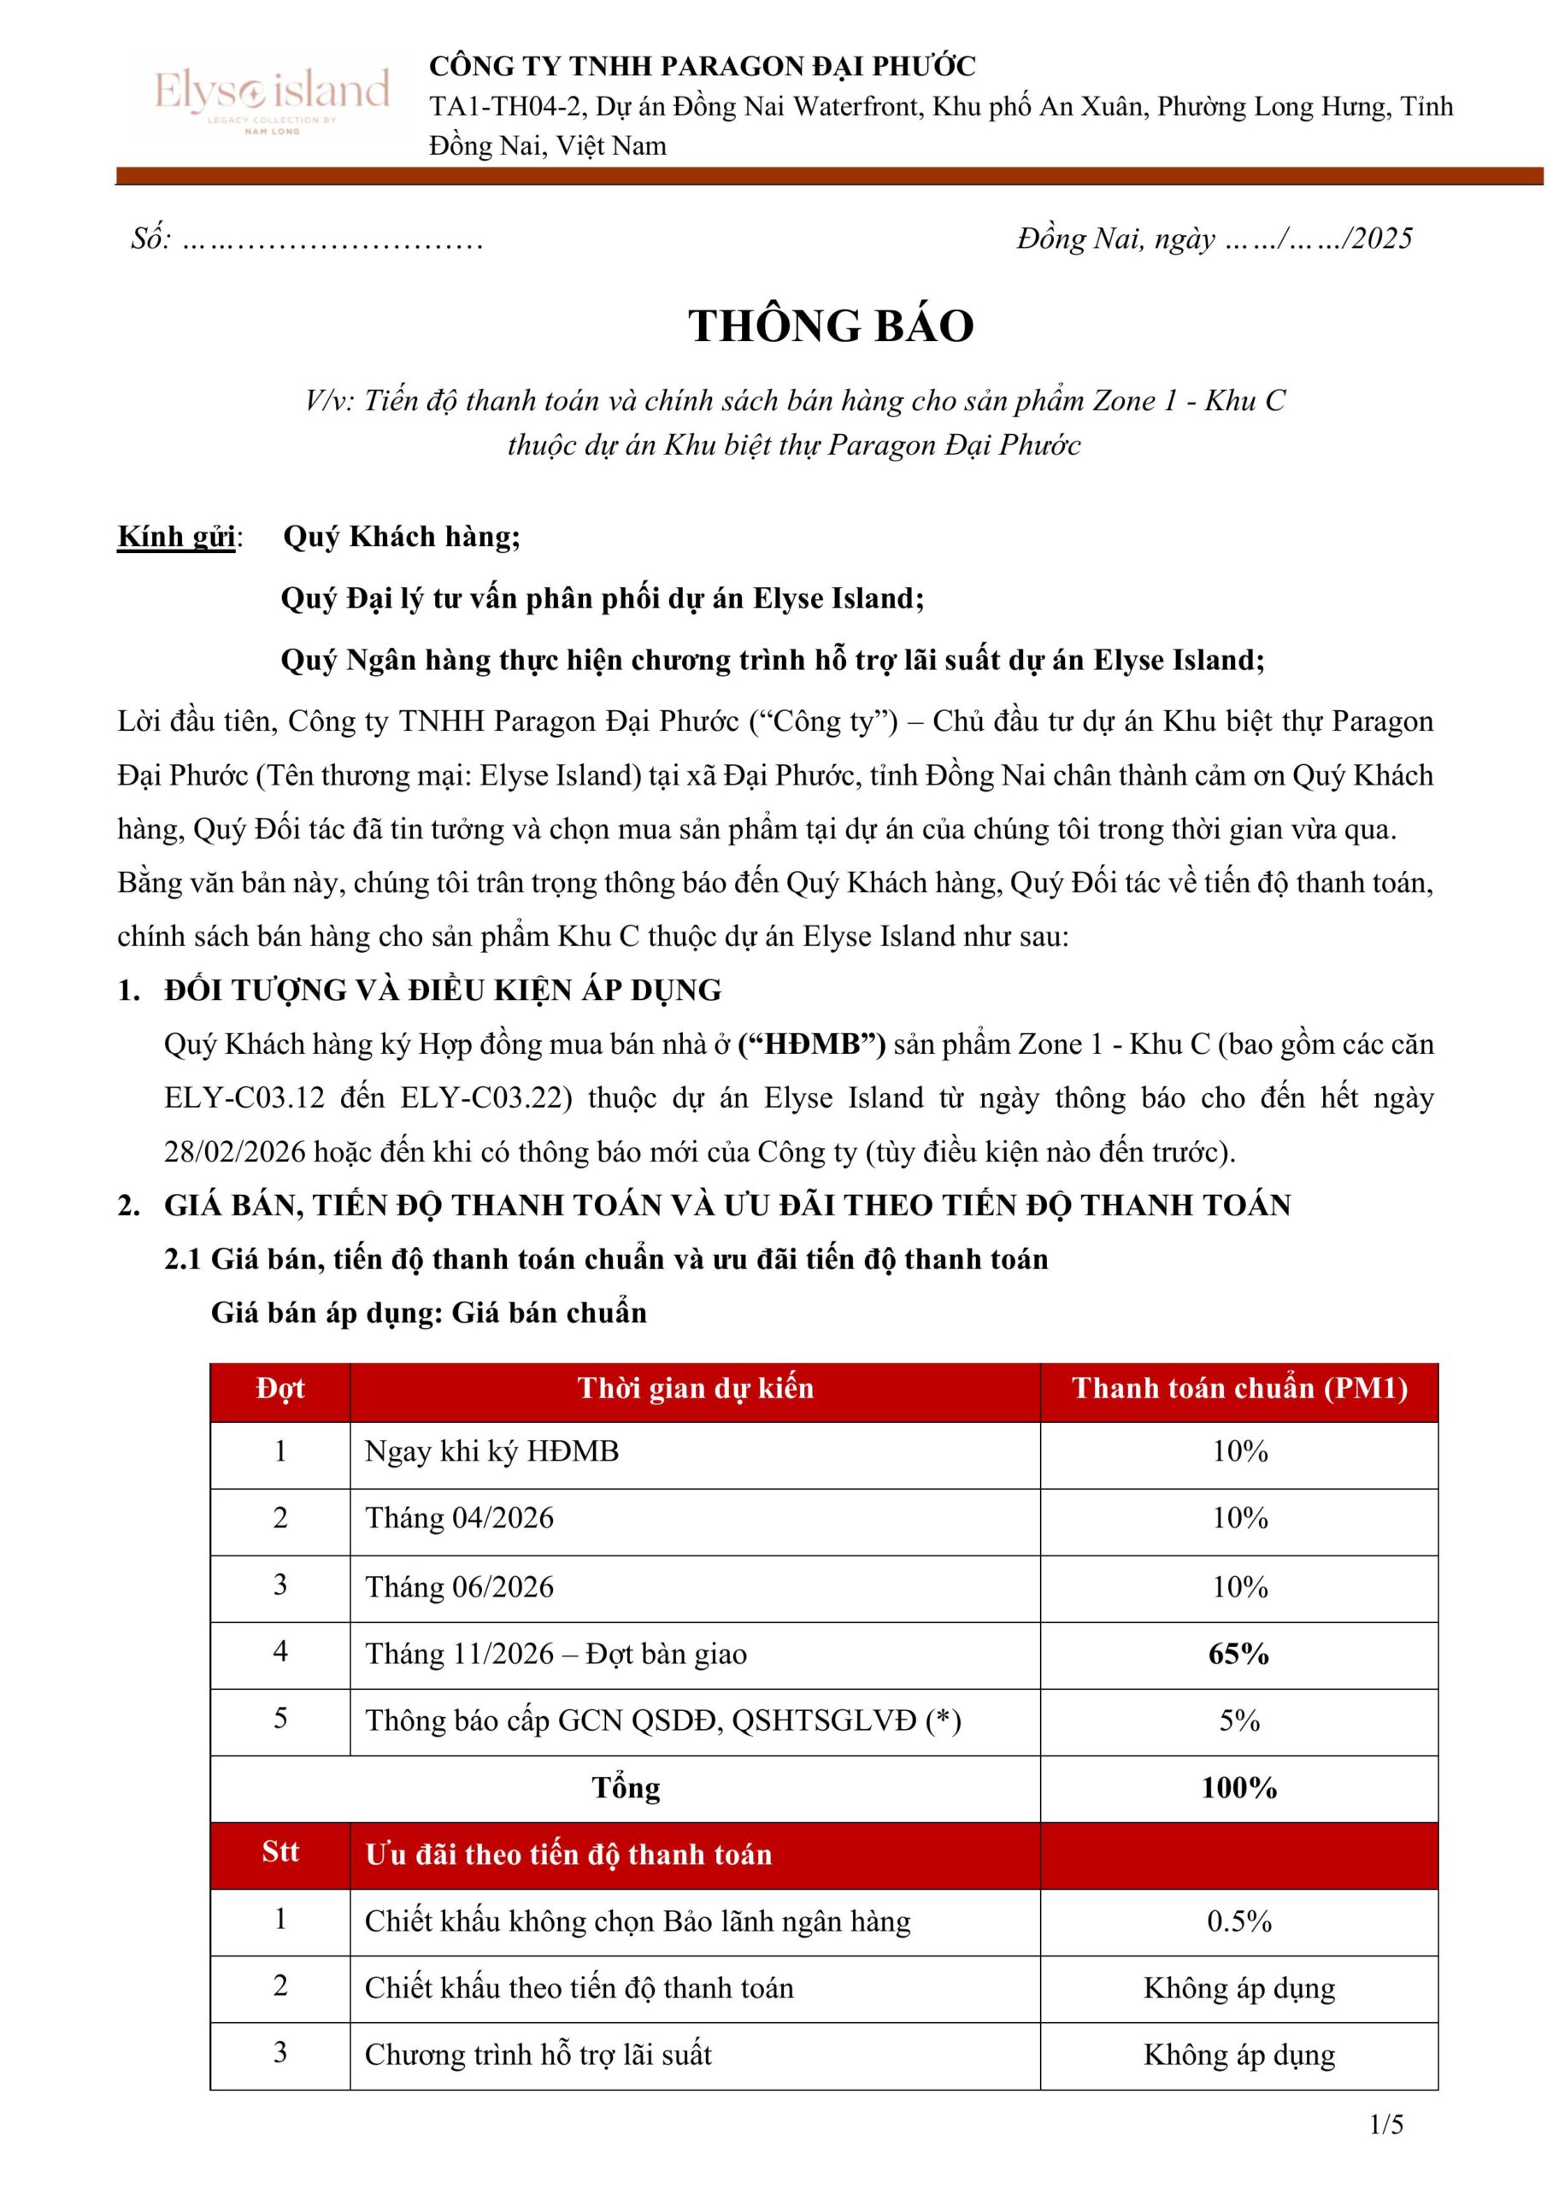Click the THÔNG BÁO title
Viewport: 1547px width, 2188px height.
[830, 326]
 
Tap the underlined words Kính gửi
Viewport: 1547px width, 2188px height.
[176, 537]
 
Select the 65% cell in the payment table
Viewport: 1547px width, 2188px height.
[1238, 1653]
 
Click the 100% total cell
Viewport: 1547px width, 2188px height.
[1238, 1788]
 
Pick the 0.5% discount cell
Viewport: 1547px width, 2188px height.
[1238, 1921]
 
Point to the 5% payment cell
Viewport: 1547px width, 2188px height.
[1238, 1720]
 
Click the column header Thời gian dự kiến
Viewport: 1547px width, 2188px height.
[695, 1389]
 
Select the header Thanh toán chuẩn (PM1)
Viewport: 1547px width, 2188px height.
[1238, 1389]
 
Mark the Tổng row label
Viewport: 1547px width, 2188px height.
[626, 1788]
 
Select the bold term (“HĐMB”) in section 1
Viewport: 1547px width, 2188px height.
[811, 1044]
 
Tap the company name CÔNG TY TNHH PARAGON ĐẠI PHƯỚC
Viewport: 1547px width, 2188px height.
[703, 66]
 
